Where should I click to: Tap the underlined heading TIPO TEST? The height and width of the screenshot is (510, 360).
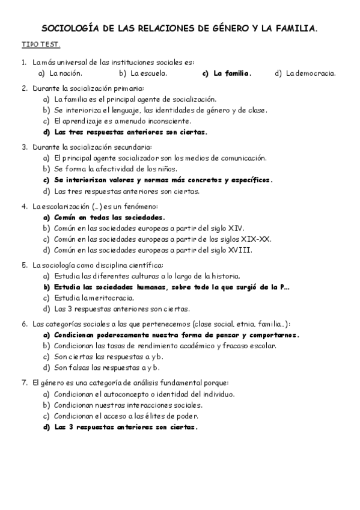pos(41,45)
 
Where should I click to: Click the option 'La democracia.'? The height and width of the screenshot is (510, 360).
pos(311,73)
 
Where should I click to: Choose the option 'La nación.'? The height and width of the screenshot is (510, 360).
pos(66,73)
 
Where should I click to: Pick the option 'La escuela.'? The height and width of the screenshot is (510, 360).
pos(149,73)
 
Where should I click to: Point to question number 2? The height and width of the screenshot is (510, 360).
pos(25,88)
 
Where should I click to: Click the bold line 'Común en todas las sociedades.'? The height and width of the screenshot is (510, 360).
pos(109,218)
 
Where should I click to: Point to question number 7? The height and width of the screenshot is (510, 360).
pos(25,382)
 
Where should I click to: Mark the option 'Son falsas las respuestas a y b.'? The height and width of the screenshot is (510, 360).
pos(107,367)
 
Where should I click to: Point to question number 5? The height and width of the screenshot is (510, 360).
pos(25,265)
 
